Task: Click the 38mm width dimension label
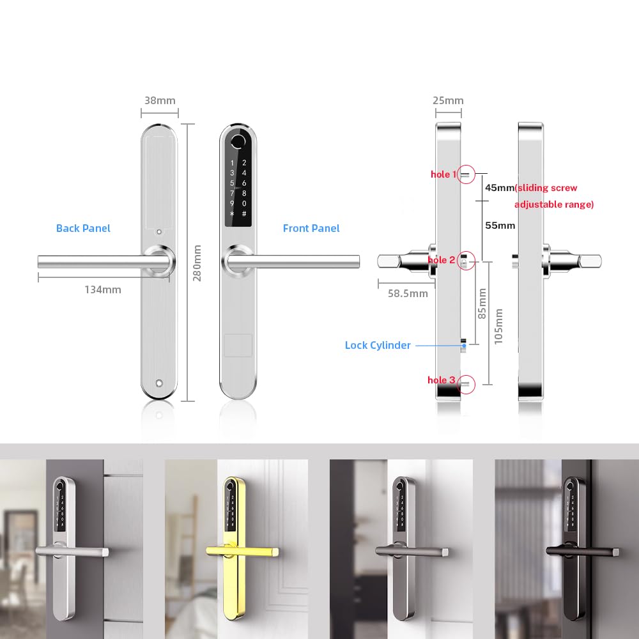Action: [x=160, y=100]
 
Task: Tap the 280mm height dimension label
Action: [x=197, y=263]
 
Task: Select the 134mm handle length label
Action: [x=103, y=289]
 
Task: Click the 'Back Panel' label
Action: [x=83, y=228]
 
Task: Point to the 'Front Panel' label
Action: [x=311, y=228]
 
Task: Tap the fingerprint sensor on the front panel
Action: [x=238, y=142]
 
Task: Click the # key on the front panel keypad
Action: [x=244, y=214]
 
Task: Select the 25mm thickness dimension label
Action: [x=448, y=100]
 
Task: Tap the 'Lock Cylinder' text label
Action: [x=378, y=345]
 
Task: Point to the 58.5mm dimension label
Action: [x=408, y=293]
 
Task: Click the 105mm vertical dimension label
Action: [x=498, y=327]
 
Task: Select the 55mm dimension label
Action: [x=500, y=226]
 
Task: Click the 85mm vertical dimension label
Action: [x=482, y=304]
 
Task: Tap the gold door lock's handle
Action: [x=242, y=551]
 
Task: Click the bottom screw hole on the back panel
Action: [x=159, y=383]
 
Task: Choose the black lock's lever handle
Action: [x=583, y=551]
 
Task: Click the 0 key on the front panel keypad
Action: [x=244, y=203]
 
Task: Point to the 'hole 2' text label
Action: [x=442, y=260]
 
